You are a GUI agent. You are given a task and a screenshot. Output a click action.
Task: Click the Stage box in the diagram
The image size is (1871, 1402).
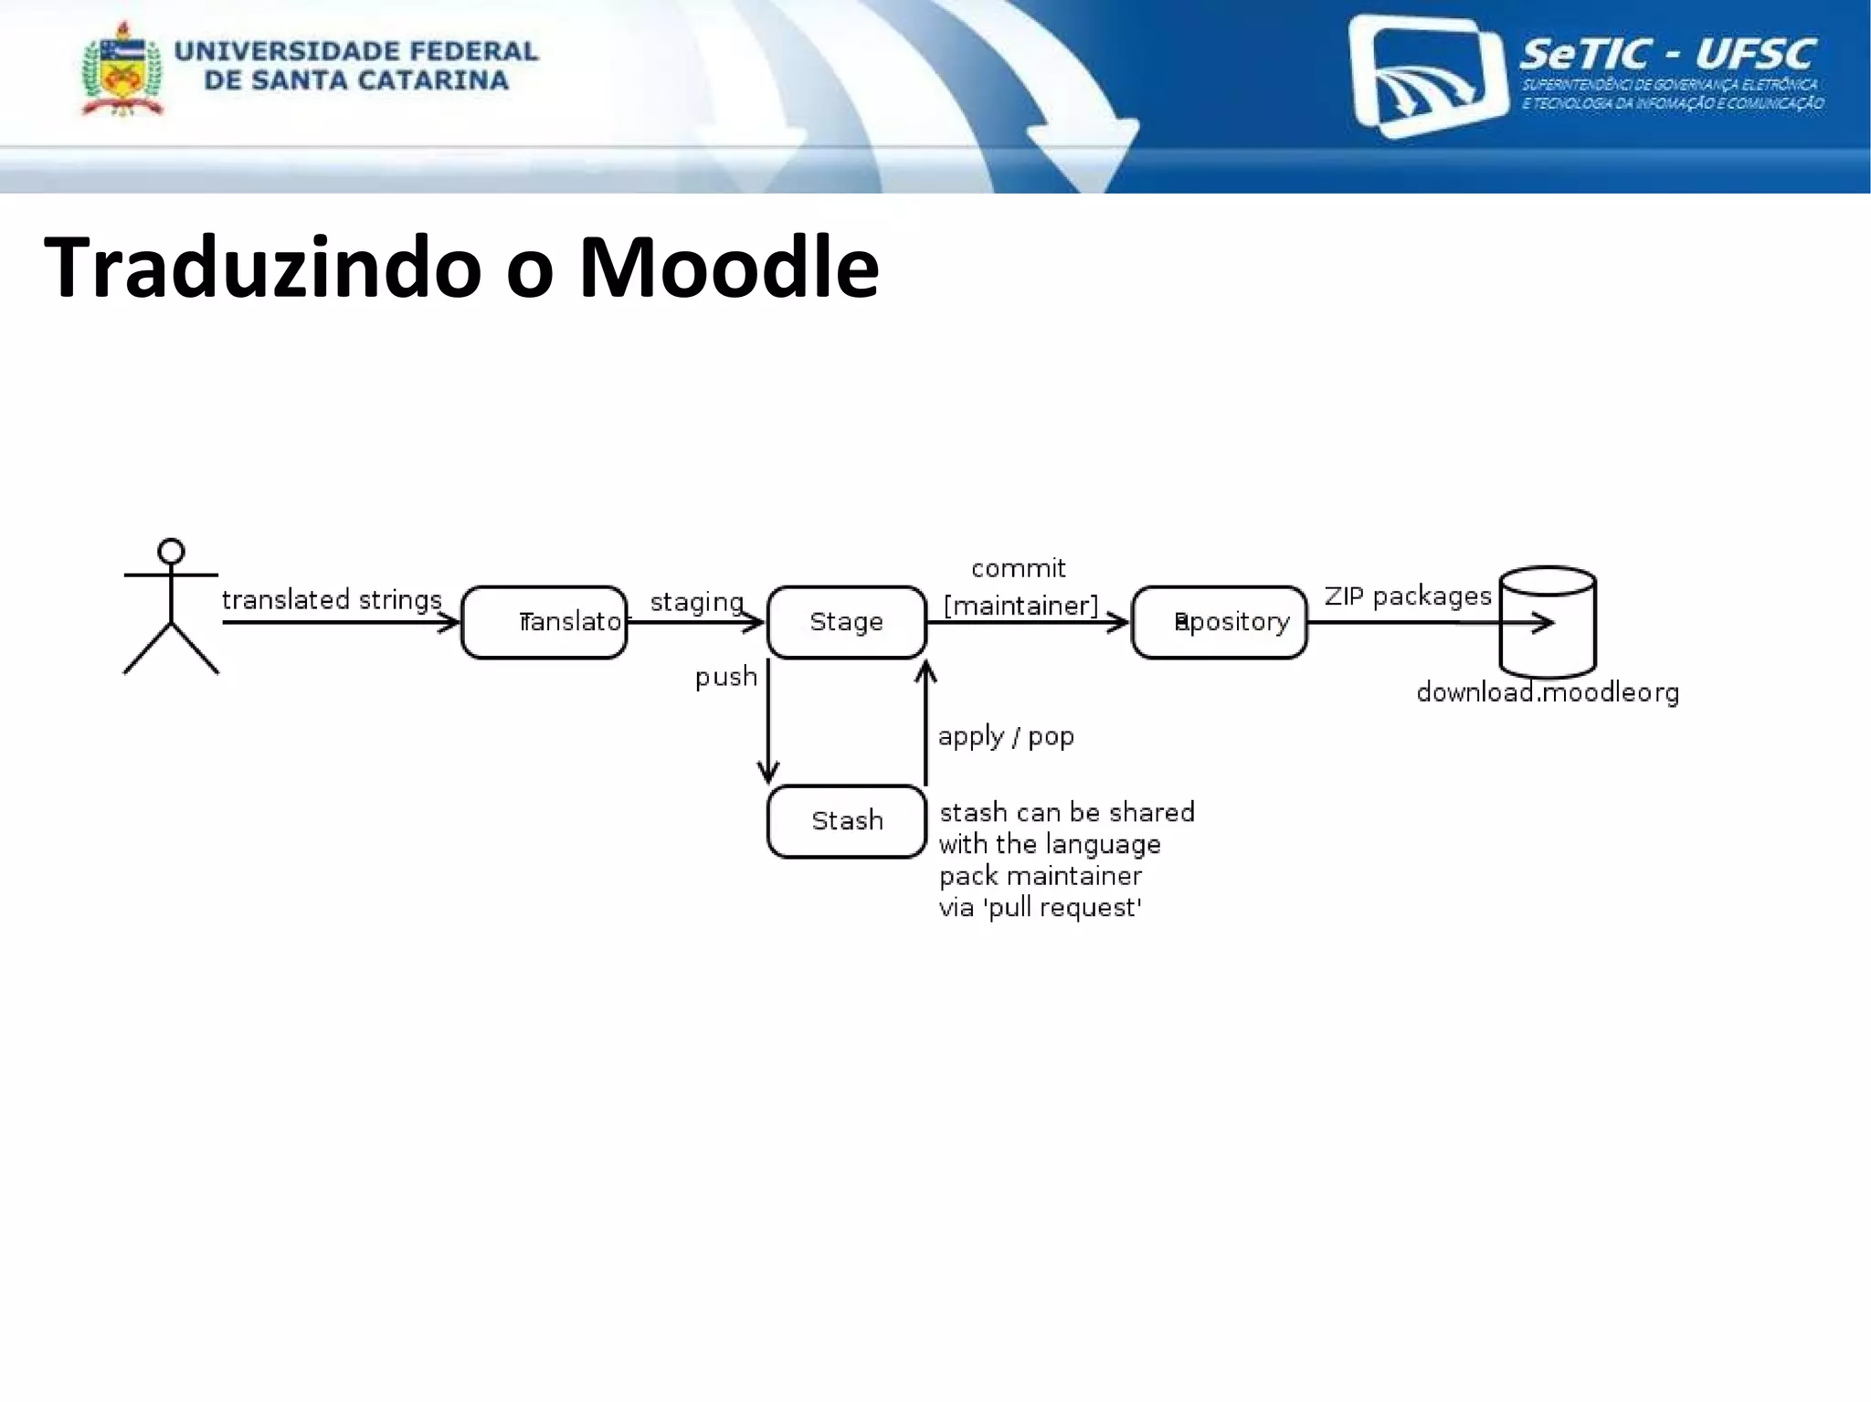pyautogui.click(x=847, y=622)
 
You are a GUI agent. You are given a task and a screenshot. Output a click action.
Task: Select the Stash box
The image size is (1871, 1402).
pyautogui.click(x=847, y=821)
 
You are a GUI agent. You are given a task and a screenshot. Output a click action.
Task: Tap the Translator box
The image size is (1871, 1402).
pyautogui.click(x=544, y=622)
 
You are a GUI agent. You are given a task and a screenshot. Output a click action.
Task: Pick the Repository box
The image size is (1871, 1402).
pyautogui.click(x=1220, y=622)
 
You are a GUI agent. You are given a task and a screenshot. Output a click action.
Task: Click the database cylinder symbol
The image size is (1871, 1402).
pyautogui.click(x=1548, y=621)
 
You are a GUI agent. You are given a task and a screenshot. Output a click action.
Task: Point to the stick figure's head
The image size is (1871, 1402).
pyautogui.click(x=171, y=552)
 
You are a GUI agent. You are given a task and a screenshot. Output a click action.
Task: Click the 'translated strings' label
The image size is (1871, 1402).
pyautogui.click(x=332, y=600)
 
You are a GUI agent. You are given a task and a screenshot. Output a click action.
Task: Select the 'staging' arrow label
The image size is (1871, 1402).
pyautogui.click(x=696, y=602)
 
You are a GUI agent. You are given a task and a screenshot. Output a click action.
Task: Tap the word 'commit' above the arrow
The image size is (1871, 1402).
pyautogui.click(x=1018, y=569)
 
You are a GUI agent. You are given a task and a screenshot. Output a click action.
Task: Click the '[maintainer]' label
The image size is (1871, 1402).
pyautogui.click(x=1020, y=606)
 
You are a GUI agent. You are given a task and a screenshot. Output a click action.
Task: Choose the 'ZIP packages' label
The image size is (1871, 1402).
pyautogui.click(x=1408, y=596)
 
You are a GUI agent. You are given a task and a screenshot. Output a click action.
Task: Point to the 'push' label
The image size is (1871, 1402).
pyautogui.click(x=726, y=677)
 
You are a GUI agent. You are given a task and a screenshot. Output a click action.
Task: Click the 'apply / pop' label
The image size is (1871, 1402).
pyautogui.click(x=1006, y=736)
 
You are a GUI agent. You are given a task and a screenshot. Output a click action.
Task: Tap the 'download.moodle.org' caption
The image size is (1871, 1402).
pyautogui.click(x=1548, y=692)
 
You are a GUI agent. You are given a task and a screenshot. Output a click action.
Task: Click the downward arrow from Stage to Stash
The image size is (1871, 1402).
pyautogui.click(x=768, y=722)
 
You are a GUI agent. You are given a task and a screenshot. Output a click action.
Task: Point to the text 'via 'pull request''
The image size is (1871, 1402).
pyautogui.click(x=1041, y=908)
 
